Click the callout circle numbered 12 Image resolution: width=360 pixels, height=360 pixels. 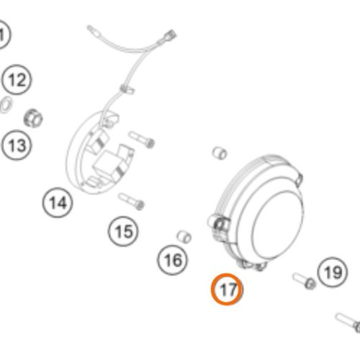coord(17,80)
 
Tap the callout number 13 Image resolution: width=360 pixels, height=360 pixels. coord(17,145)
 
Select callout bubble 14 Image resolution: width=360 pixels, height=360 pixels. coord(58,203)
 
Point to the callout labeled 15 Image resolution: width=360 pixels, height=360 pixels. coord(123,231)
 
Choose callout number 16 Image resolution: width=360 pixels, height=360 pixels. coord(173,260)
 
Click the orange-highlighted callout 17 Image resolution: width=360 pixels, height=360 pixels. coord(227,289)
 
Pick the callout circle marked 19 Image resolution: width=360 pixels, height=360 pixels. coord(333,272)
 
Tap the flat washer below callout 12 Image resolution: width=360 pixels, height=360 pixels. coord(6,104)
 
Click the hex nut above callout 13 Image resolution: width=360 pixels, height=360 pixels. coord(33,118)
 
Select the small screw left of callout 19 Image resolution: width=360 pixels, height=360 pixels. coord(305,281)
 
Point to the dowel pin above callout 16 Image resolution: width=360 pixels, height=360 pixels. coord(184,237)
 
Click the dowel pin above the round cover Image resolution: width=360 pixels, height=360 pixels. coord(220,153)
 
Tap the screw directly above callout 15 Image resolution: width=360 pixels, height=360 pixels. coord(131,202)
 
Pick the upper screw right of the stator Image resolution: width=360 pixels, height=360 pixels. coord(142,140)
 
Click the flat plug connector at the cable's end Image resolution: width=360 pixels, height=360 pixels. coord(170,35)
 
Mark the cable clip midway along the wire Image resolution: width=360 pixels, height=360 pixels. coord(127,89)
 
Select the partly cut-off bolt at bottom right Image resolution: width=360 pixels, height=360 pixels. coord(348,323)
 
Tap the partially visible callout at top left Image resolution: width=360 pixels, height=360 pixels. coord(3,34)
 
